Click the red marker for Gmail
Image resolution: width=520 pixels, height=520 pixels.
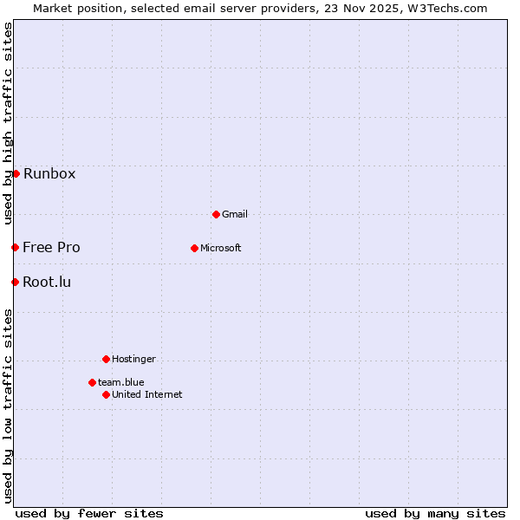tap(216, 214)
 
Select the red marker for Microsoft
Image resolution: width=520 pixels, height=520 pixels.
tap(194, 248)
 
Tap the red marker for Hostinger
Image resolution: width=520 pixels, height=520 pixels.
tap(106, 359)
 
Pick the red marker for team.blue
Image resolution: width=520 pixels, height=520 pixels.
tap(92, 382)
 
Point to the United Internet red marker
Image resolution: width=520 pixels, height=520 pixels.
tap(106, 394)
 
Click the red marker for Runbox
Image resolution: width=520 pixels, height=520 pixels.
tap(16, 173)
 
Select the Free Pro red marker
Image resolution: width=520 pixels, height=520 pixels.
tap(15, 247)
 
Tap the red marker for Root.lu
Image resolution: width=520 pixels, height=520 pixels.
tap(15, 282)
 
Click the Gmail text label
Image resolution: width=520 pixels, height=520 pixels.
tap(235, 214)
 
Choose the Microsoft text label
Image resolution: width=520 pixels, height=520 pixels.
tap(221, 248)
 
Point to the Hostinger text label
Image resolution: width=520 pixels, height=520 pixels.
tap(133, 359)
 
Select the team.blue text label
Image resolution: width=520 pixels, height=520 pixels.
tap(121, 382)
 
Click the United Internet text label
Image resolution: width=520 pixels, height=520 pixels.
tap(147, 394)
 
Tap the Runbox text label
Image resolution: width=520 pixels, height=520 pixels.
tap(49, 173)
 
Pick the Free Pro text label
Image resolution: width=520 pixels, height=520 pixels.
tap(51, 247)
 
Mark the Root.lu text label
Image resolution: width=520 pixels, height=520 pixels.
tap(47, 282)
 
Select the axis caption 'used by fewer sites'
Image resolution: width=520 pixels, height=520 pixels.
tap(89, 513)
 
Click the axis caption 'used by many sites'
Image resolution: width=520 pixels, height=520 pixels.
tap(435, 513)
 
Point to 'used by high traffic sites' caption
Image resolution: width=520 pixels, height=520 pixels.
tap(8, 123)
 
